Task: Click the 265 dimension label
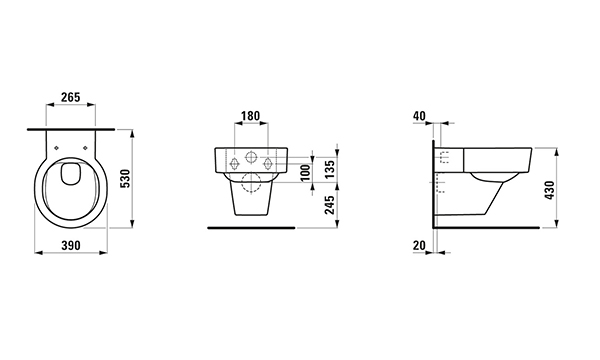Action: [x=71, y=97]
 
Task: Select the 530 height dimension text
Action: [x=125, y=179]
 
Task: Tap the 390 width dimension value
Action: [x=71, y=245]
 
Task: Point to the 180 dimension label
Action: [x=251, y=116]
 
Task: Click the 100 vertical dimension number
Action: [x=305, y=173]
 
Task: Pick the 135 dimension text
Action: [x=329, y=169]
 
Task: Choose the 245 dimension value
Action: [x=329, y=205]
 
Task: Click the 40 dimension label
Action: [x=419, y=116]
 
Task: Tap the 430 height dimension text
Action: [x=549, y=190]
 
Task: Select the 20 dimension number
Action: [x=419, y=245]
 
